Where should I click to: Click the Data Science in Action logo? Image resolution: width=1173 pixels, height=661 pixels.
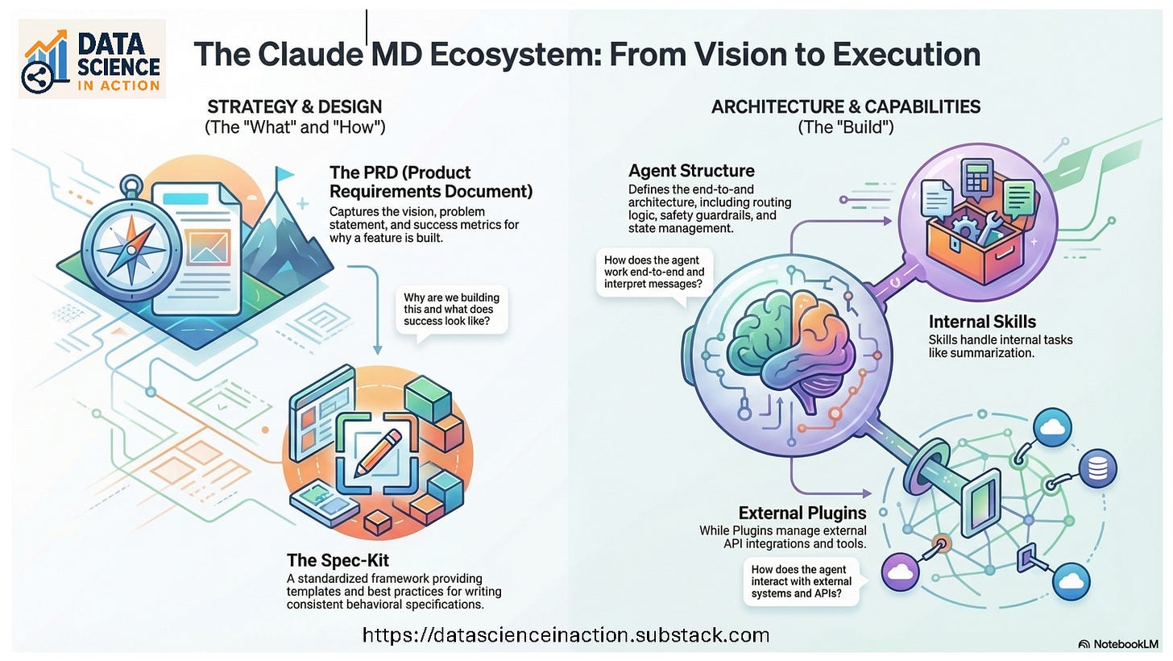pyautogui.click(x=92, y=59)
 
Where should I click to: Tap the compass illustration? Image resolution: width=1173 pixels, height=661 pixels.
pyautogui.click(x=131, y=246)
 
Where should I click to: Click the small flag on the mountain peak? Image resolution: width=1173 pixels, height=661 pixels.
pyautogui.click(x=284, y=174)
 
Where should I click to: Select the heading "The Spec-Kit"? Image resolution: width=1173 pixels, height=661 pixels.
pyautogui.click(x=338, y=560)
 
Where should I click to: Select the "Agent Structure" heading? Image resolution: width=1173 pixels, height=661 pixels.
pyautogui.click(x=691, y=171)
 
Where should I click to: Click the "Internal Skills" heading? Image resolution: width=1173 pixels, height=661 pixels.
pyautogui.click(x=982, y=322)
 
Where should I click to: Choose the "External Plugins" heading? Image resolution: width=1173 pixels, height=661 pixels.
pyautogui.click(x=802, y=513)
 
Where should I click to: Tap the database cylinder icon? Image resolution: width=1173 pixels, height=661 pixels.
pyautogui.click(x=1097, y=468)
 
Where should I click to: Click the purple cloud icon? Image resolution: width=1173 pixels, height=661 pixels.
pyautogui.click(x=900, y=572)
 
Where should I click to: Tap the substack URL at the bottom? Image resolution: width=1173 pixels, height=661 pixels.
pyautogui.click(x=566, y=635)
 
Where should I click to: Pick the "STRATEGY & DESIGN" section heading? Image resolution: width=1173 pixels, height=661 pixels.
pyautogui.click(x=295, y=107)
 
